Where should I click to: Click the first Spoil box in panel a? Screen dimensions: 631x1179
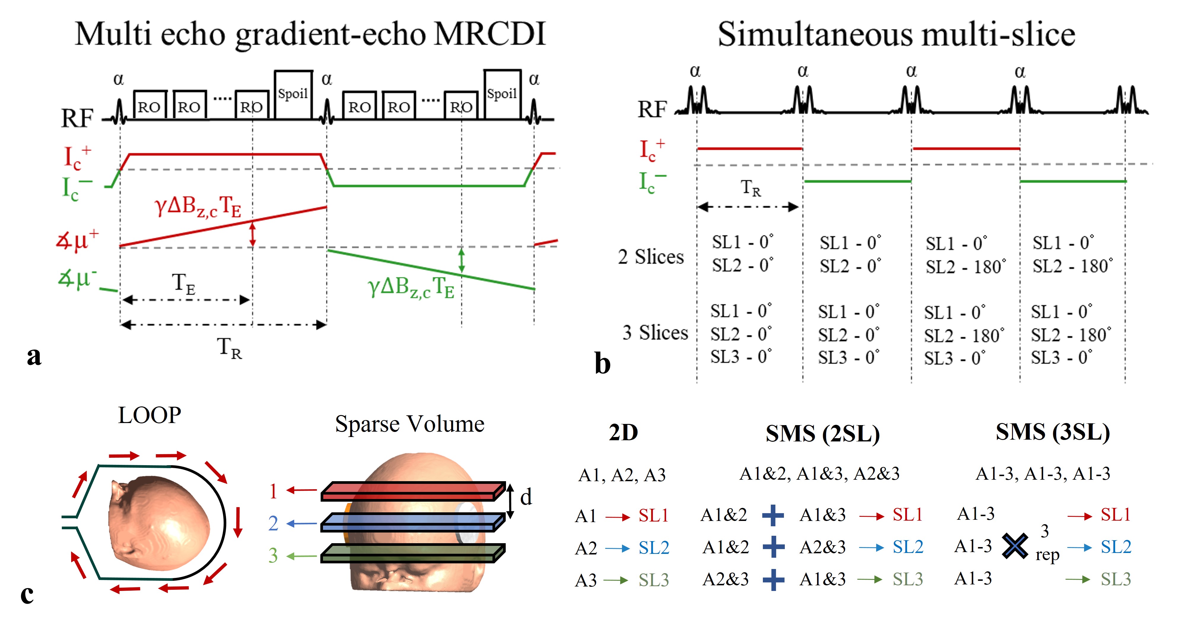click(293, 94)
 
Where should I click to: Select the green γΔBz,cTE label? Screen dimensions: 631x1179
click(411, 287)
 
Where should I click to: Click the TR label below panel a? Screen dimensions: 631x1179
click(229, 348)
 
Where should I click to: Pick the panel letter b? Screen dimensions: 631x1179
click(602, 364)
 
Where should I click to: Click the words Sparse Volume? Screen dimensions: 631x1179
click(410, 424)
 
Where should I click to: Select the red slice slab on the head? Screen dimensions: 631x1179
click(412, 491)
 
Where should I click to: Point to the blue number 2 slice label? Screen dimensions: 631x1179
click(273, 523)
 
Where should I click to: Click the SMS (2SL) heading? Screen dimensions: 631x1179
click(822, 433)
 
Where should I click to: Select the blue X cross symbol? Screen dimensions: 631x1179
click(1015, 546)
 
